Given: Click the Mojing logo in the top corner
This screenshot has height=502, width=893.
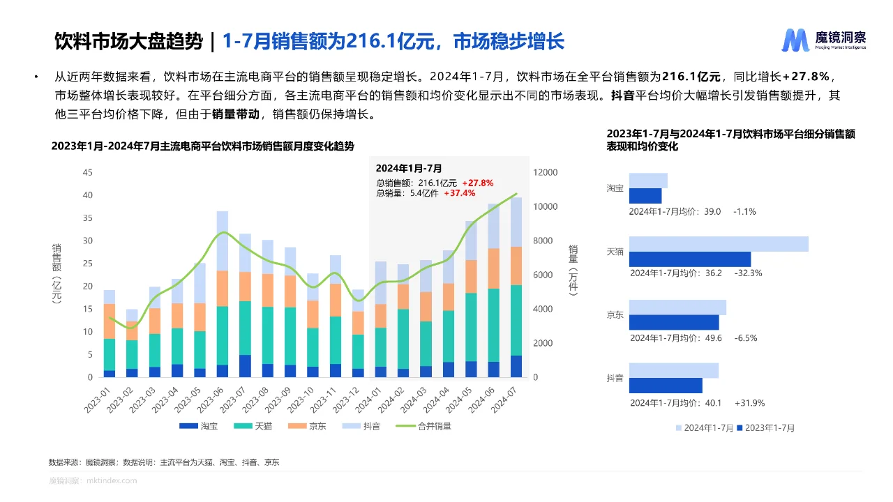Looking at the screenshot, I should coord(823,40).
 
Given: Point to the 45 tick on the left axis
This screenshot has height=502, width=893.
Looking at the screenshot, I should coord(87,172).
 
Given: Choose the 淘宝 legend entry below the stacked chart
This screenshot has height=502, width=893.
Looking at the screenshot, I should coord(199,426).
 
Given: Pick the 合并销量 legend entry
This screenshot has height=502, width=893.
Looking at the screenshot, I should coord(423,426).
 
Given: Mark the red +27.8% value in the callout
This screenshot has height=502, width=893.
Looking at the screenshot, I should coord(477,183).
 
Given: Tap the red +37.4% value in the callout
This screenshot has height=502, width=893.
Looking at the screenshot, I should coord(459,193).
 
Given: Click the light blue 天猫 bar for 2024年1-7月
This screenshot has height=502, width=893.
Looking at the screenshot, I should coord(719,244).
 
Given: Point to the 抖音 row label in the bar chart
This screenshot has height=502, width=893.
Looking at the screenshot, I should coord(615,378).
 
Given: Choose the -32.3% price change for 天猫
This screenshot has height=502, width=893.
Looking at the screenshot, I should coord(748,273).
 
